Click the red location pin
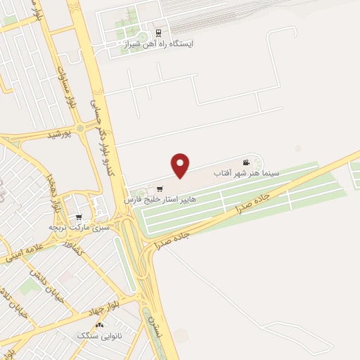[181, 165]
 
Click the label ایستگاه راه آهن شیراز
[159, 44]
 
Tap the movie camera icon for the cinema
[246, 162]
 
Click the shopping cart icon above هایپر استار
[161, 188]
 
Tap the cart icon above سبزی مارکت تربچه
[79, 217]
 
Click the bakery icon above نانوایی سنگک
[99, 325]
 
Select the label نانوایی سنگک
[101, 336]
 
